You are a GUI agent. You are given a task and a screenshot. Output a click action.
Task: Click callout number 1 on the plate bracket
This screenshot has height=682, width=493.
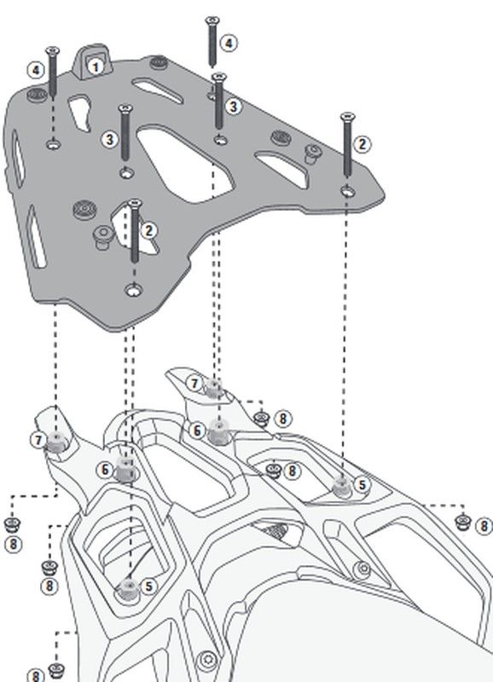[x=96, y=67]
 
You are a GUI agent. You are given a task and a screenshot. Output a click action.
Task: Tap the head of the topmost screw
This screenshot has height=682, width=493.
[x=212, y=20]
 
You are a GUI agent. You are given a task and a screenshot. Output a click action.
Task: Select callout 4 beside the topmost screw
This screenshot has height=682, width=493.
[x=229, y=43]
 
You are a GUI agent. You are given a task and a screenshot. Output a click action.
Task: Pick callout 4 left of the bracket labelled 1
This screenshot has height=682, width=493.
[x=36, y=70]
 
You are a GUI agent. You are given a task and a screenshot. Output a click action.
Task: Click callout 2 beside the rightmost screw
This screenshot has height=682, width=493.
[x=362, y=144]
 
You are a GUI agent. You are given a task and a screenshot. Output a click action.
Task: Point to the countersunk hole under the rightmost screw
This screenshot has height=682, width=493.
[x=347, y=191]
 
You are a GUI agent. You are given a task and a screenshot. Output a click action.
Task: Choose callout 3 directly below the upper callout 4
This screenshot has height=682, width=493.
[x=233, y=107]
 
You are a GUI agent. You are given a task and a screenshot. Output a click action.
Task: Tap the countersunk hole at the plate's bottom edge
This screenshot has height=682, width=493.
[x=134, y=289]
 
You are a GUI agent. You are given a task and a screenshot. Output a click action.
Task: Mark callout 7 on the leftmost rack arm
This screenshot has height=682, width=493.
[x=38, y=440]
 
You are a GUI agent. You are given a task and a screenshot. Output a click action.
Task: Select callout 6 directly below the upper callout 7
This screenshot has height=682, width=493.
[x=197, y=431]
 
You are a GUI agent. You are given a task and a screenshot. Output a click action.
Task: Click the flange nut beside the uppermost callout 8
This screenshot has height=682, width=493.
[x=261, y=419]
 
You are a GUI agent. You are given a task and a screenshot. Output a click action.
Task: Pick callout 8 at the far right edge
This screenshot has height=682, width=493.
[x=484, y=526]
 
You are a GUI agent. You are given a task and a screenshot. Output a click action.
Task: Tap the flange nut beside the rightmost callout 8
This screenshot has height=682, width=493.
[x=461, y=522]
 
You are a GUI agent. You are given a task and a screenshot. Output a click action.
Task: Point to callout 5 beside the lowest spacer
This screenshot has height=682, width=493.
[x=148, y=586]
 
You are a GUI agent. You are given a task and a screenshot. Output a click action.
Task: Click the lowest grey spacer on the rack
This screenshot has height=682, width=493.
[x=128, y=588]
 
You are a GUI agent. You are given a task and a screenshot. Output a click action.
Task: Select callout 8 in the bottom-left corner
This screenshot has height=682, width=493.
[x=36, y=675]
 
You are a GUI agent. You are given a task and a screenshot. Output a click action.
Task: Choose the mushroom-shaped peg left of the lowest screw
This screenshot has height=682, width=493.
[x=102, y=237]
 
